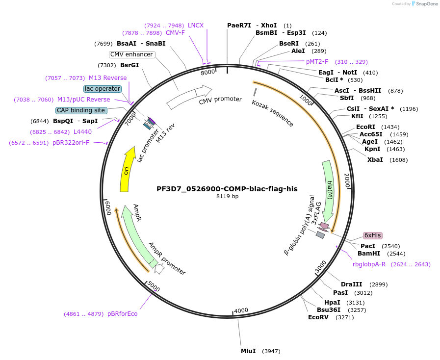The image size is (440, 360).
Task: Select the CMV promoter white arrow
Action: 189,97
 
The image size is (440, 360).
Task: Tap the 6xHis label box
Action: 372,235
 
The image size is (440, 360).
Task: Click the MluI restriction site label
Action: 248,351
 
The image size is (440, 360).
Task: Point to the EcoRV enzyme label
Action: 317,317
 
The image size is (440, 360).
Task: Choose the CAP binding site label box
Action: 81,110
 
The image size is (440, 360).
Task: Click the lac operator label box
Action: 102,89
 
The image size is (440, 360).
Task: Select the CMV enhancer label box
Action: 131,54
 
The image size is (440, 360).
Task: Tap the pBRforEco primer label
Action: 123,314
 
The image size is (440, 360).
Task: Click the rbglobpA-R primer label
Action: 369,264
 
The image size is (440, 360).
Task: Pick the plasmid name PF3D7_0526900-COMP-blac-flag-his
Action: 227,188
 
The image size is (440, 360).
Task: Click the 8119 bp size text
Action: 227,197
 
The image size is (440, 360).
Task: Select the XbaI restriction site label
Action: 375,160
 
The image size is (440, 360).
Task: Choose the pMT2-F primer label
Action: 317,62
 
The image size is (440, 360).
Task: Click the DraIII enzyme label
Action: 351,284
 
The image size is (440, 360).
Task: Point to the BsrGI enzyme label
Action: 129,65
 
